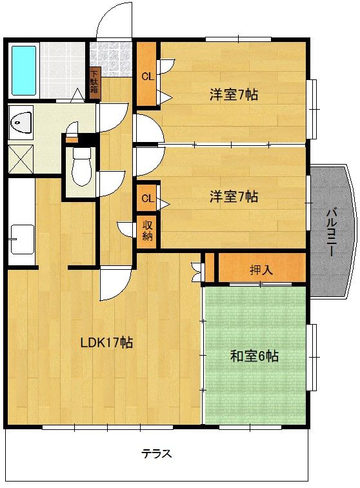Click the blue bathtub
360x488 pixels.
[24, 70]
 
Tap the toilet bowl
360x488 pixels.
[81, 167]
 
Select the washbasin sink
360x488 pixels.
[21, 123]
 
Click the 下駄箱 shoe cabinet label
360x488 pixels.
[94, 81]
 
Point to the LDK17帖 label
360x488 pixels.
[106, 343]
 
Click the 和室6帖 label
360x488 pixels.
[254, 356]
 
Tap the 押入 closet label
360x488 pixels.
[261, 270]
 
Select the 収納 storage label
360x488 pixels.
[148, 230]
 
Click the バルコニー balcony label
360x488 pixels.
[331, 232]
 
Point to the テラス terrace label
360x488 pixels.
[157, 453]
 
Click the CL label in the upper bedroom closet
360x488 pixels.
[148, 76]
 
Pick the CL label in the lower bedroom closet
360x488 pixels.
[148, 198]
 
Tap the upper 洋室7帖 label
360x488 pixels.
[234, 94]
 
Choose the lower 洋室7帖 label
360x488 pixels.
[234, 197]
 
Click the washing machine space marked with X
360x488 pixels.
[21, 159]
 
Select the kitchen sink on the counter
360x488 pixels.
[22, 239]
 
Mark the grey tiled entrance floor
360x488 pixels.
[110, 58]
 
